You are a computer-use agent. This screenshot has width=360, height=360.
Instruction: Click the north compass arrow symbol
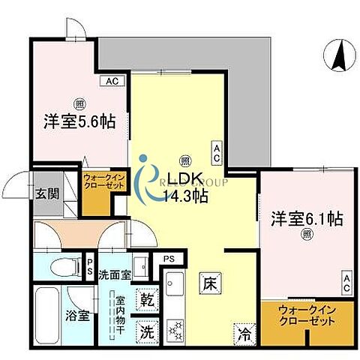[338, 54]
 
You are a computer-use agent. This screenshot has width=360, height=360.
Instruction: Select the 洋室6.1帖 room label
[307, 220]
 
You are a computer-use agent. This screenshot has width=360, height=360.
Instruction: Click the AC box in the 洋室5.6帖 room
[111, 81]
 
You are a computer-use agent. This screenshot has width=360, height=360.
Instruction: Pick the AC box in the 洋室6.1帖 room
[346, 283]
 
